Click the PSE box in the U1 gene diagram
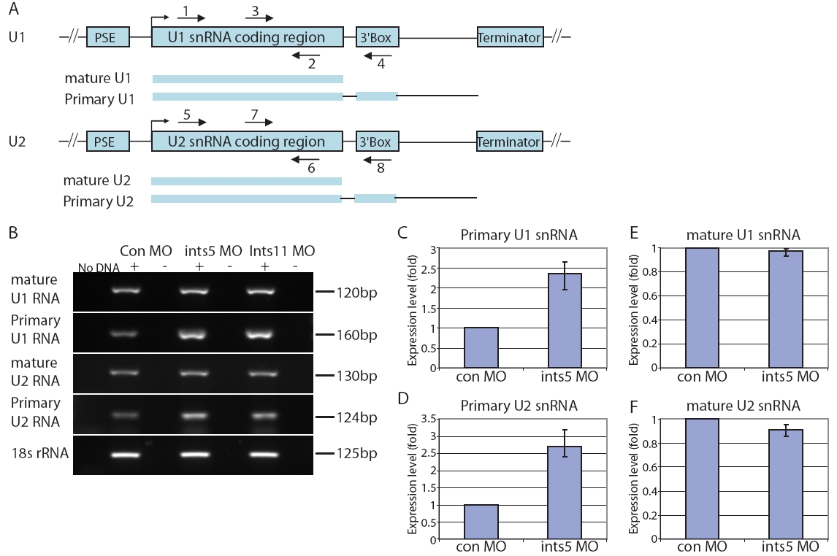[x=108, y=36]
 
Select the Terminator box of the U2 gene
[x=510, y=142]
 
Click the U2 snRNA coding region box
[x=247, y=142]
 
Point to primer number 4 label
[x=381, y=64]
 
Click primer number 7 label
[x=254, y=115]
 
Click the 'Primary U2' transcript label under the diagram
[x=99, y=201]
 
